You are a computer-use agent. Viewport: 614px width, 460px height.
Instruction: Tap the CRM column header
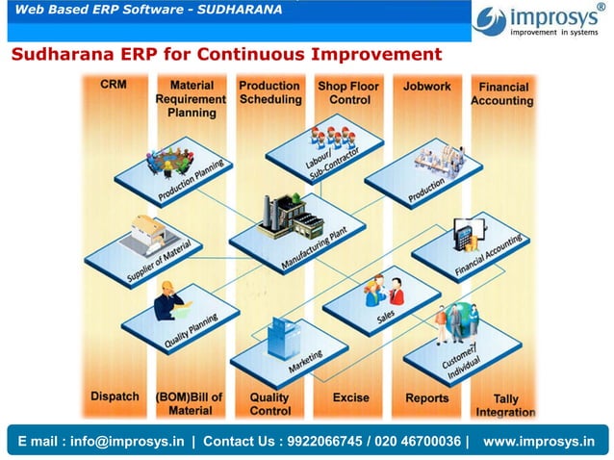point(113,85)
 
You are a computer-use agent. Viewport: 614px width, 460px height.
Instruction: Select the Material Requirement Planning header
point(191,98)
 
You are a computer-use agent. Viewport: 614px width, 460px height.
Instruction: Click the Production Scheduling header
point(270,92)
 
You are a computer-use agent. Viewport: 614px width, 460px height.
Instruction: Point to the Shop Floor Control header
point(349,92)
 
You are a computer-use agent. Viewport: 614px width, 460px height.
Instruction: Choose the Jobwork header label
point(426,86)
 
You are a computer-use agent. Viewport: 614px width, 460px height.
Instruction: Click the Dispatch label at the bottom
point(115,396)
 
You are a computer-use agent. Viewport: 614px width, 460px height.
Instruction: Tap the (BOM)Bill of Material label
point(190,403)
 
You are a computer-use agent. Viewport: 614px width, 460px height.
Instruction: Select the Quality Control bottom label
point(269,403)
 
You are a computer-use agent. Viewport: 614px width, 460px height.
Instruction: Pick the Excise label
point(350,397)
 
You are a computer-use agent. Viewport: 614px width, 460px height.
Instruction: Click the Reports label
point(426,397)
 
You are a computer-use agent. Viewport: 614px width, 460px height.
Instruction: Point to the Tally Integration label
point(505,405)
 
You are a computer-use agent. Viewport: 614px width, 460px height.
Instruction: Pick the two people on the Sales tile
point(385,288)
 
